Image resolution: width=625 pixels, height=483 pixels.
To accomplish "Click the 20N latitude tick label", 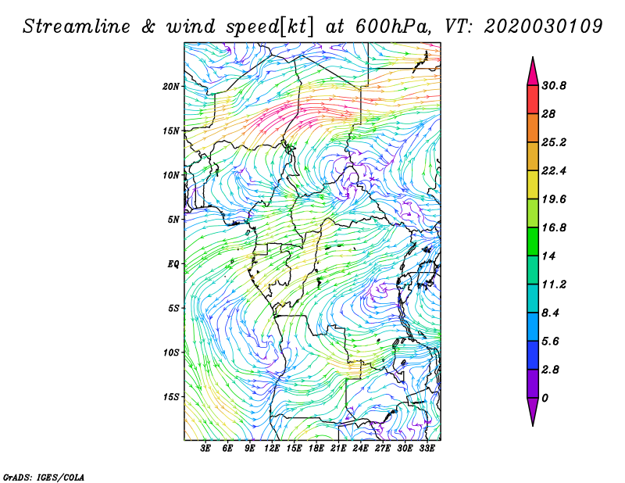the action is click(170, 87).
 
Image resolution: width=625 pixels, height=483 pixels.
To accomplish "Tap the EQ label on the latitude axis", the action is click(173, 264).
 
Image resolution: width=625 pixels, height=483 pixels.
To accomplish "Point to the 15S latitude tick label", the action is click(171, 397).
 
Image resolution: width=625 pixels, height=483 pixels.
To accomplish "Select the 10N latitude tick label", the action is click(170, 176).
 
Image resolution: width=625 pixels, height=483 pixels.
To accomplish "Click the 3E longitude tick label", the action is click(205, 449).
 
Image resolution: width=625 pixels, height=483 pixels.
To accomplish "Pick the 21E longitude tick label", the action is click(338, 449).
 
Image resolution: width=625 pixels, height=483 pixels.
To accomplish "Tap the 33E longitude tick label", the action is click(427, 449).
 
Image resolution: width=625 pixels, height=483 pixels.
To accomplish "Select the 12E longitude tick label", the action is click(272, 449).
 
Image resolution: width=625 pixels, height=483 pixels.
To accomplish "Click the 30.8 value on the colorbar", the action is click(554, 86).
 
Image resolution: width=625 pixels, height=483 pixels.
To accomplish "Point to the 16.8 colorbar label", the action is click(554, 227).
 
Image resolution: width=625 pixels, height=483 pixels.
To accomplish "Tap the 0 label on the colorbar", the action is click(545, 398).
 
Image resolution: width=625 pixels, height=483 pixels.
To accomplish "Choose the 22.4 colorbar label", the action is click(554, 171).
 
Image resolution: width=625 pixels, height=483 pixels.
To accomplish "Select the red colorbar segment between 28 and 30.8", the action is click(533, 100).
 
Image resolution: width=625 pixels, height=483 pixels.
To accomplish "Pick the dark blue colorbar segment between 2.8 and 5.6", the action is click(533, 356).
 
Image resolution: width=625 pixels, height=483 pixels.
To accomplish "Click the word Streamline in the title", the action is click(77, 27).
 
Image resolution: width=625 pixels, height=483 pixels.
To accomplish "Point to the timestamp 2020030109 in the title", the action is click(543, 27).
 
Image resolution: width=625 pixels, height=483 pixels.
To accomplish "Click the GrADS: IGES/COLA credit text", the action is click(44, 478).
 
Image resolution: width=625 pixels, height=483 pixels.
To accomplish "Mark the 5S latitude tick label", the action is click(173, 309).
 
